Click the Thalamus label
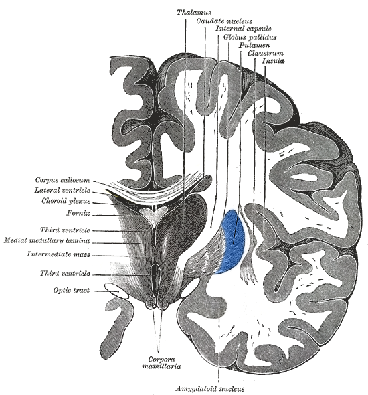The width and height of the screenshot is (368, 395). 193,12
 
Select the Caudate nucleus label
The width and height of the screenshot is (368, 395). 224,21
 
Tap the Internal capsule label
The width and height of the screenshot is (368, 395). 243,29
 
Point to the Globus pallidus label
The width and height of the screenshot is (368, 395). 250,37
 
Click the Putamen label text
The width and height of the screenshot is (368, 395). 254,45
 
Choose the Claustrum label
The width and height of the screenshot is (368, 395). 266,53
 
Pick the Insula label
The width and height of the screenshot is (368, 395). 273,61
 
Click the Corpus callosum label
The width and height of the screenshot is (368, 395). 62,180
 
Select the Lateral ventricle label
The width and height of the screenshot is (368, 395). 62,190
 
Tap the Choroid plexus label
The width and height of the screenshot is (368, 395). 66,201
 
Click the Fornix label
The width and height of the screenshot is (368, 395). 78,213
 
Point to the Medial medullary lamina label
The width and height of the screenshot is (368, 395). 47,240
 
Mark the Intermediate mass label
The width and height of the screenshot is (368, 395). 59,254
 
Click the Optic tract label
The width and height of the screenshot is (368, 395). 71,290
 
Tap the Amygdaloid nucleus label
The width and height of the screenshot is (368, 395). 210,389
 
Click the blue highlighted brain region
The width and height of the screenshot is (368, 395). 232,242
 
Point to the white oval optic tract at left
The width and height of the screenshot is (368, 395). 116,291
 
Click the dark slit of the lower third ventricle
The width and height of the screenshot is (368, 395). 155,275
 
